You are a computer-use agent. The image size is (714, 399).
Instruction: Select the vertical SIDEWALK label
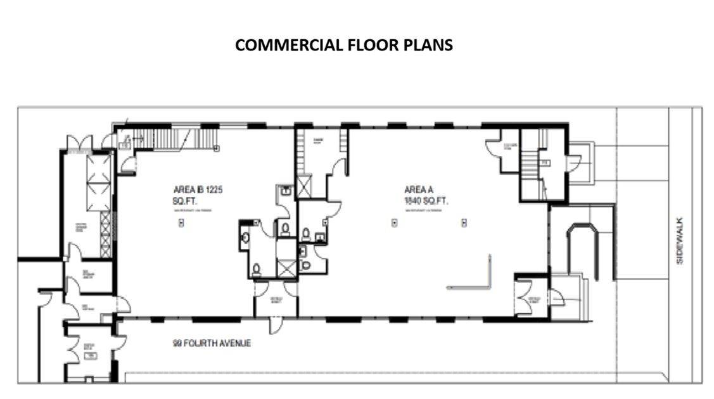tap(680, 241)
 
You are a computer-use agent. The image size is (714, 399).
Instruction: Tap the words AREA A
tap(419, 189)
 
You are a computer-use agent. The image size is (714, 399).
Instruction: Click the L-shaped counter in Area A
tap(481, 279)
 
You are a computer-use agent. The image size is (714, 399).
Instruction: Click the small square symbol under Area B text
tap(182, 222)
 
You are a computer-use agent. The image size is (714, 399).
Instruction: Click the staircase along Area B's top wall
tap(171, 137)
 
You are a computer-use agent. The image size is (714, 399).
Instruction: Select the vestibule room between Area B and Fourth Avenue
tap(276, 300)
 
